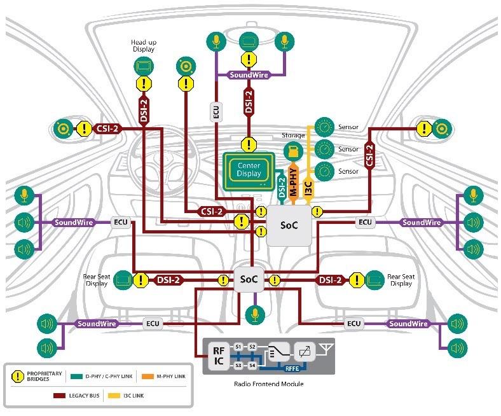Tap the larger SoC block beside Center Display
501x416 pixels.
pyautogui.click(x=289, y=225)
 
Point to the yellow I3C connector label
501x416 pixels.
pyautogui.click(x=308, y=186)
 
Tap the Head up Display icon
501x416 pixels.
pyautogui.click(x=144, y=66)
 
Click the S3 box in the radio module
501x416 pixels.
pyautogui.click(x=238, y=366)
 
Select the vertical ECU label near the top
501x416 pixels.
pyautogui.click(x=216, y=111)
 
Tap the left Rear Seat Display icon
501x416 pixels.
pyautogui.click(x=125, y=279)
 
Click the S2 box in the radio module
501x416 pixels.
pyautogui.click(x=252, y=347)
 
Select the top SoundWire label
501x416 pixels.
pyautogui.click(x=249, y=74)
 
